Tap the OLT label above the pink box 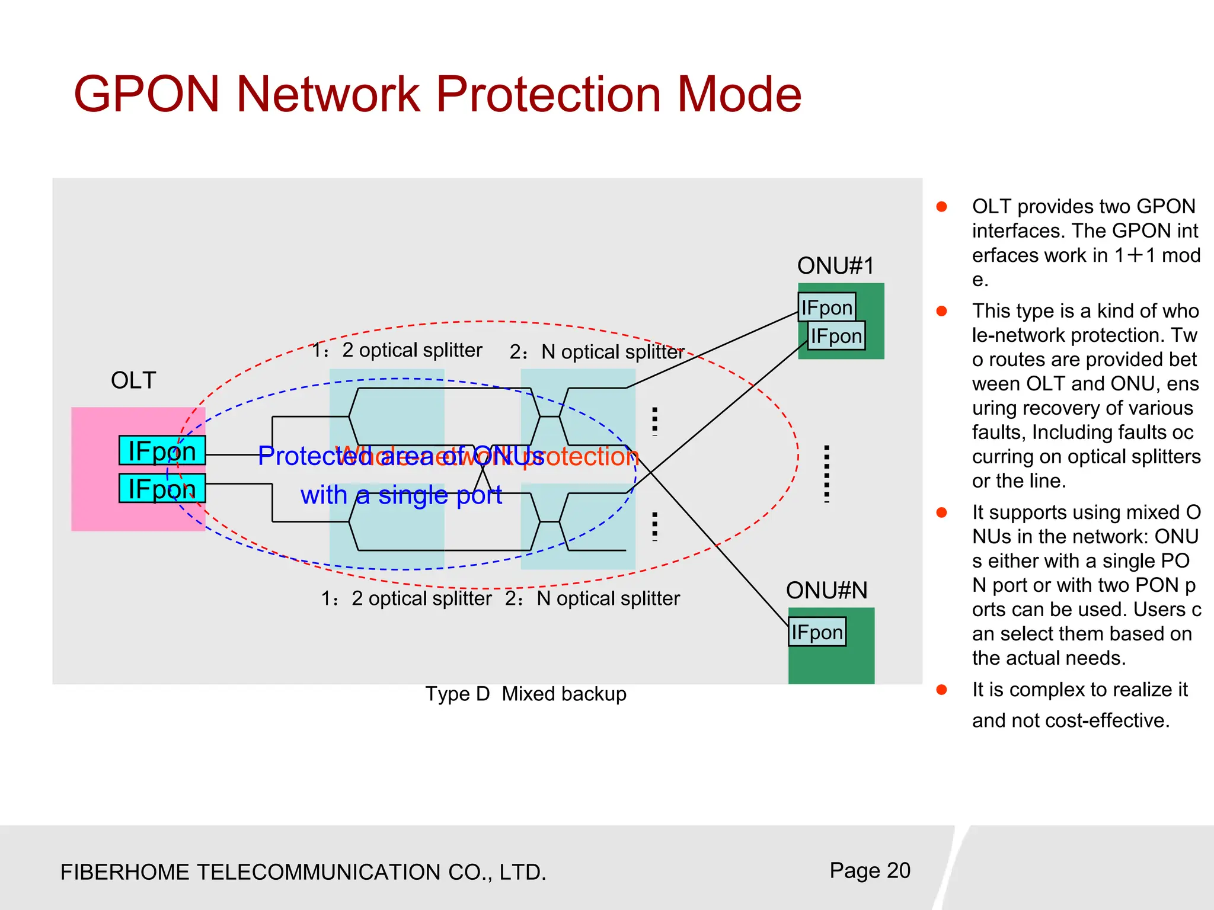point(133,380)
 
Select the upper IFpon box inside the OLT point(162,451)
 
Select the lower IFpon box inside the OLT point(162,489)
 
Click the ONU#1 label point(835,266)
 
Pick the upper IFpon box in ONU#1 point(826,307)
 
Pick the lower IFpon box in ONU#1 point(836,336)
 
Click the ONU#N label point(826,591)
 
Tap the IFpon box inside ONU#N point(817,632)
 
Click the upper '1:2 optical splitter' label point(397,350)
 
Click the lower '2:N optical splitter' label point(592,598)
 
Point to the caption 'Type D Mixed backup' point(526,694)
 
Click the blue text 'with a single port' point(401,495)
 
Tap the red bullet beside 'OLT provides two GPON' point(941,207)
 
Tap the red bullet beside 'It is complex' point(941,690)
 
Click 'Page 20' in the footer point(870,870)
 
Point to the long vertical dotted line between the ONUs point(826,474)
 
